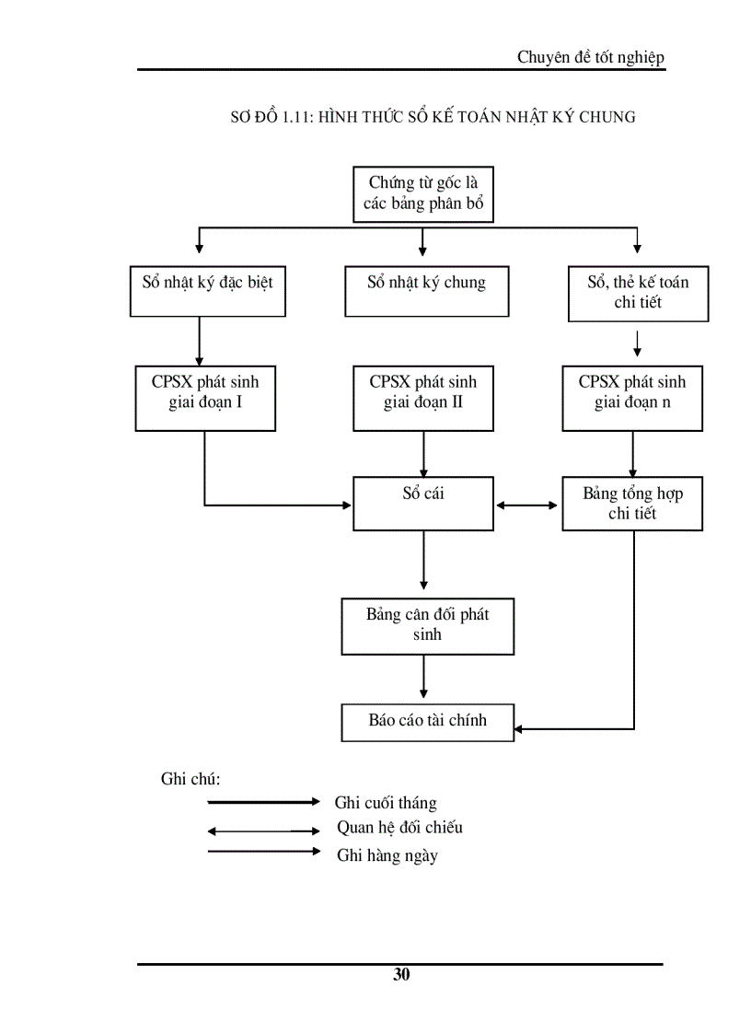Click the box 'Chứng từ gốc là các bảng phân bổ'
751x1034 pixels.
pyautogui.click(x=423, y=193)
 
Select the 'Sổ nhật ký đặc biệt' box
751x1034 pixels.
pyautogui.click(x=207, y=292)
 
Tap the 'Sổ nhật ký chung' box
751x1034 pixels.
pyautogui.click(x=427, y=292)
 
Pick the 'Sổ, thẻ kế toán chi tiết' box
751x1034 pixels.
pyautogui.click(x=638, y=294)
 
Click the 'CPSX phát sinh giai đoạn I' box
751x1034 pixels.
pyautogui.click(x=205, y=398)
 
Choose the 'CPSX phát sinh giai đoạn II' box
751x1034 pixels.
pyautogui.click(x=423, y=398)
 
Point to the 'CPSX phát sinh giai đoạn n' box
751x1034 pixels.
pyautogui.click(x=632, y=398)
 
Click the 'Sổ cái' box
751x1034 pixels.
pyautogui.click(x=423, y=503)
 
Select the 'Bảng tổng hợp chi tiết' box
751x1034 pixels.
pyautogui.click(x=632, y=504)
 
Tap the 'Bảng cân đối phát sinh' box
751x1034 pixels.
pyautogui.click(x=427, y=626)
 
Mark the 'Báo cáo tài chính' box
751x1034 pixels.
pyautogui.click(x=427, y=722)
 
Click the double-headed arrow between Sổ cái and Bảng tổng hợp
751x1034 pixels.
pyautogui.click(x=528, y=505)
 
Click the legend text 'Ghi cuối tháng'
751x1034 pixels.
pyautogui.click(x=386, y=804)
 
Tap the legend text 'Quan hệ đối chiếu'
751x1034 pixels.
pyautogui.click(x=399, y=828)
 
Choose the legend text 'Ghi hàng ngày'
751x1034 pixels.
pyautogui.click(x=387, y=856)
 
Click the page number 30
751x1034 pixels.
pyautogui.click(x=401, y=976)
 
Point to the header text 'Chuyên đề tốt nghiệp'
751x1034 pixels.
pyautogui.click(x=590, y=58)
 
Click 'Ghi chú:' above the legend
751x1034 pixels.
pyautogui.click(x=191, y=779)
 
